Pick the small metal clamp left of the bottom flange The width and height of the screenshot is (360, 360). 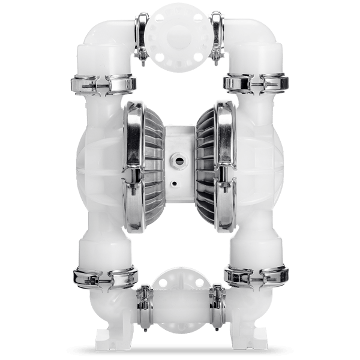(x=145, y=302)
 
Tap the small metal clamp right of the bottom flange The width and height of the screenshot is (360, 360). (x=215, y=302)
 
